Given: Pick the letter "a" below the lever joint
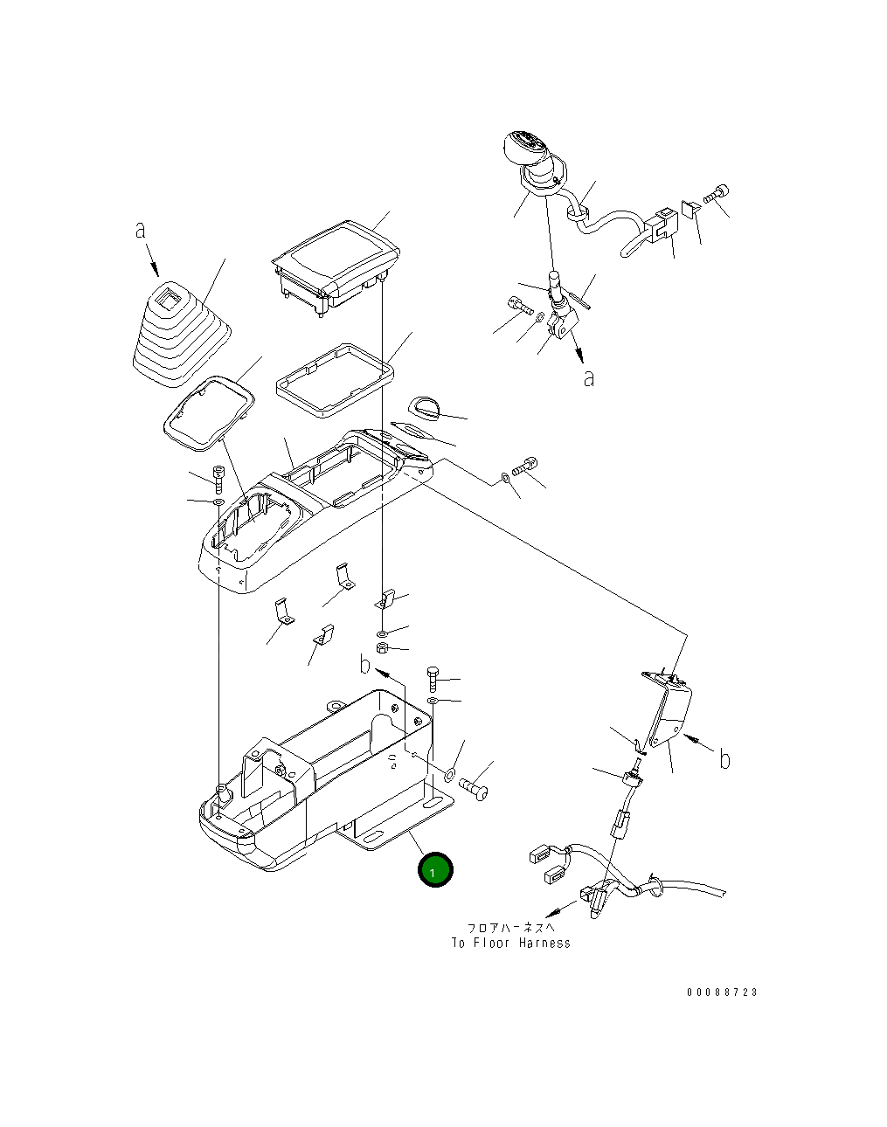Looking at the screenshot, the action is tap(589, 378).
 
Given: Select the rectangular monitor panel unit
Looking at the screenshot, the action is tap(336, 266).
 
